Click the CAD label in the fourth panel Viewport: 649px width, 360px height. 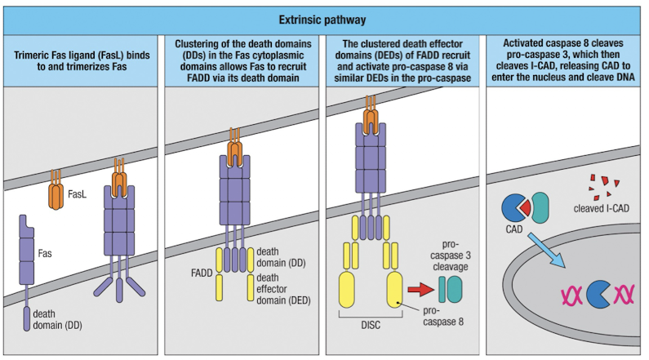coord(514,230)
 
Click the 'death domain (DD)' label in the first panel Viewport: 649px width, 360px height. coord(51,318)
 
